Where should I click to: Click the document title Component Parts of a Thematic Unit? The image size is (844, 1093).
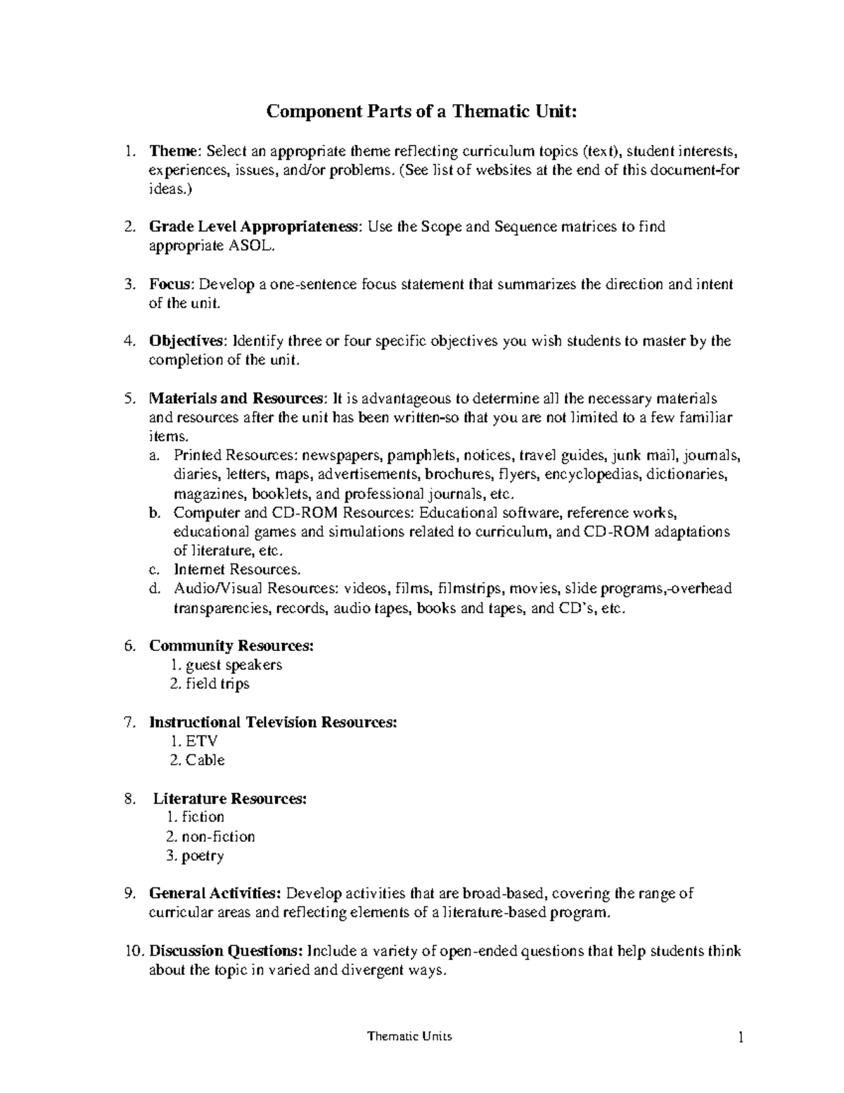(x=421, y=111)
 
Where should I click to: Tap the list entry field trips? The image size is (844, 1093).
(x=217, y=684)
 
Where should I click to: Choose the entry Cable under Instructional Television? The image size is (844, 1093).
(x=205, y=760)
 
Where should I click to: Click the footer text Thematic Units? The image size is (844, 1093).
(x=410, y=1037)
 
